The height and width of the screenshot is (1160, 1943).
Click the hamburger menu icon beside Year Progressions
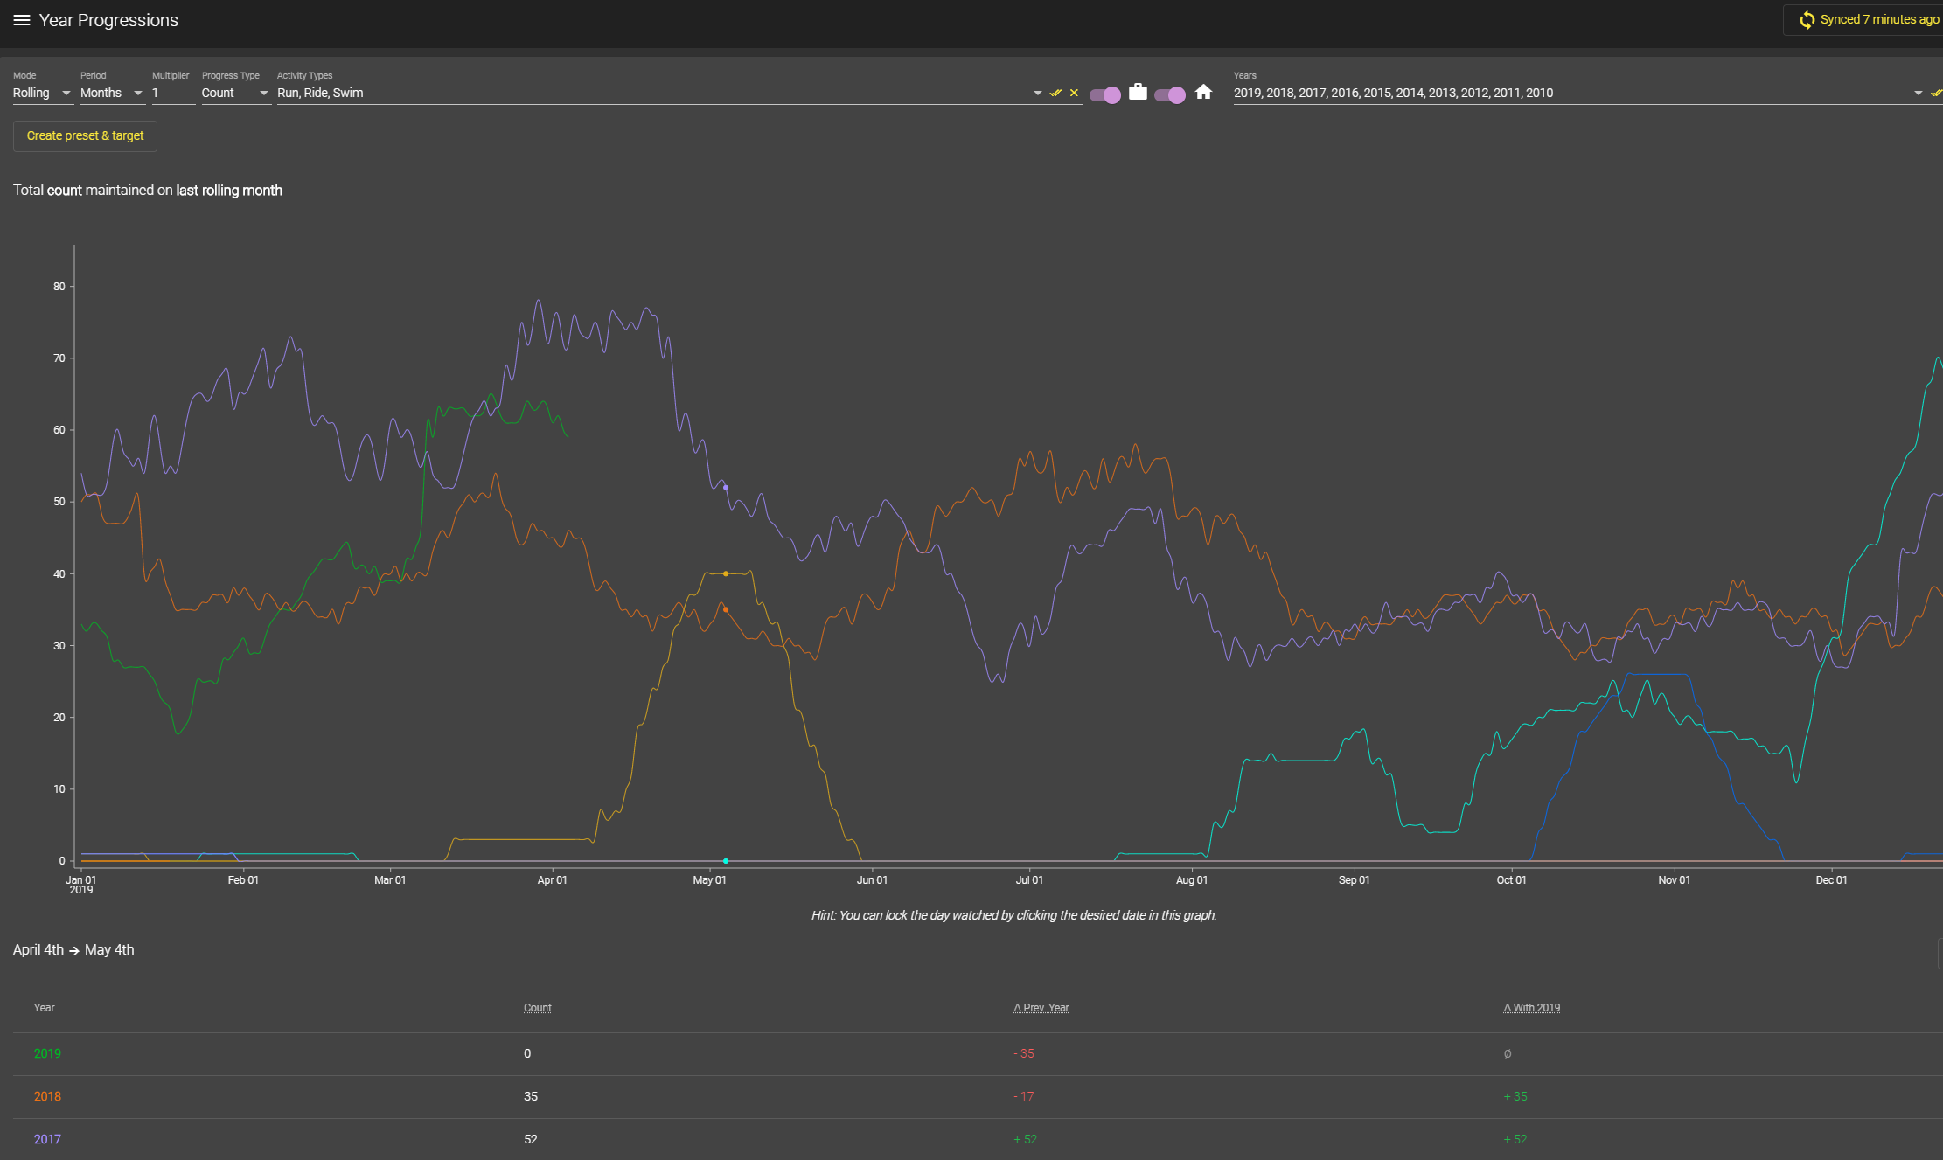[x=22, y=20]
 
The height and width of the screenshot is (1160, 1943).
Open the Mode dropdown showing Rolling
[x=41, y=93]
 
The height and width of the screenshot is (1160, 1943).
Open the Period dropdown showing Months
[x=110, y=93]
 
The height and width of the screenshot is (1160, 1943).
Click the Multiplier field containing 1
[x=172, y=93]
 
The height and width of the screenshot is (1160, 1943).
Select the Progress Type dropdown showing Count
[x=234, y=93]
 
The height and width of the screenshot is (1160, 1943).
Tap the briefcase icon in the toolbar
[x=1138, y=92]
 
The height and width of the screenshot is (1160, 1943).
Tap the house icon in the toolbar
[x=1203, y=92]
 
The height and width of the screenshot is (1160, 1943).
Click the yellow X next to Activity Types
[x=1074, y=93]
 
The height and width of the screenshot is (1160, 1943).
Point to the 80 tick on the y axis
[x=59, y=286]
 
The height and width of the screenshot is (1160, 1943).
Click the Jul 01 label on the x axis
[x=1029, y=880]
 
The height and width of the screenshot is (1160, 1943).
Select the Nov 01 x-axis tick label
[x=1674, y=880]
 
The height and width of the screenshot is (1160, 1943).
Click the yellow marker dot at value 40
[x=726, y=573]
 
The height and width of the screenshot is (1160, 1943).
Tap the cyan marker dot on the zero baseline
[x=726, y=861]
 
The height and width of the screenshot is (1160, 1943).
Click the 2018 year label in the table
[x=47, y=1096]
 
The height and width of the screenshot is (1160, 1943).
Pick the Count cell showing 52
[x=531, y=1139]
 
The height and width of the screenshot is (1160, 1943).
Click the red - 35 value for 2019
[x=1024, y=1053]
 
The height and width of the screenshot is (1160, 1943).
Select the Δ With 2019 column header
[x=1531, y=1008]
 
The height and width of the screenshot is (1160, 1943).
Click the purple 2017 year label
[x=47, y=1139]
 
